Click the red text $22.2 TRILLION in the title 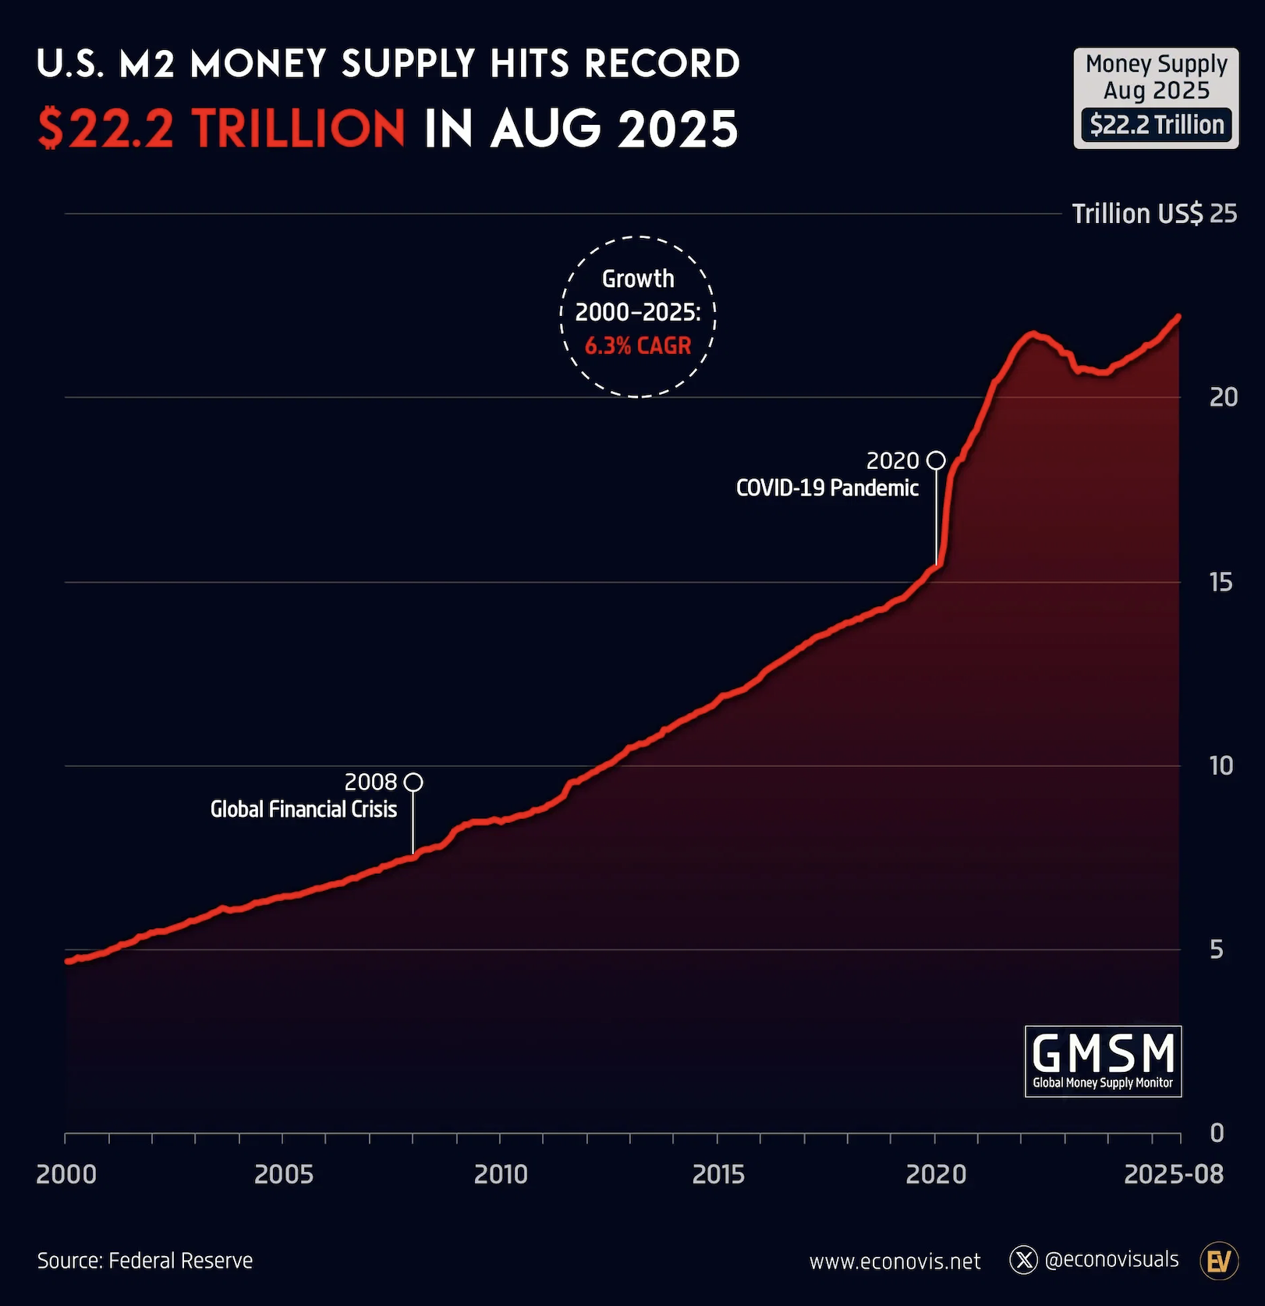click(x=221, y=129)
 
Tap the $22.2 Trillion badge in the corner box click(x=1157, y=125)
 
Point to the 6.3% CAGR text click(x=638, y=346)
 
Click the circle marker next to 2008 click(x=414, y=782)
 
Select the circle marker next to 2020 click(x=936, y=460)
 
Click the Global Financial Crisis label click(x=303, y=809)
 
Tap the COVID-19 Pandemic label click(x=827, y=488)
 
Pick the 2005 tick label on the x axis click(x=284, y=1174)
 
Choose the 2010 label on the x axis click(x=501, y=1174)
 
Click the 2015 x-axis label click(x=718, y=1174)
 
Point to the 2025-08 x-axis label click(x=1173, y=1174)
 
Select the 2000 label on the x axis click(x=66, y=1174)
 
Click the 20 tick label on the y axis click(x=1223, y=397)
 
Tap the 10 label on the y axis click(x=1221, y=765)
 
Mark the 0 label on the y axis click(x=1217, y=1133)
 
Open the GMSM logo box click(x=1103, y=1061)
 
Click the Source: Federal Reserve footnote click(x=145, y=1261)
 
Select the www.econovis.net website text click(x=895, y=1262)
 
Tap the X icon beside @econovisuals click(x=1023, y=1260)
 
